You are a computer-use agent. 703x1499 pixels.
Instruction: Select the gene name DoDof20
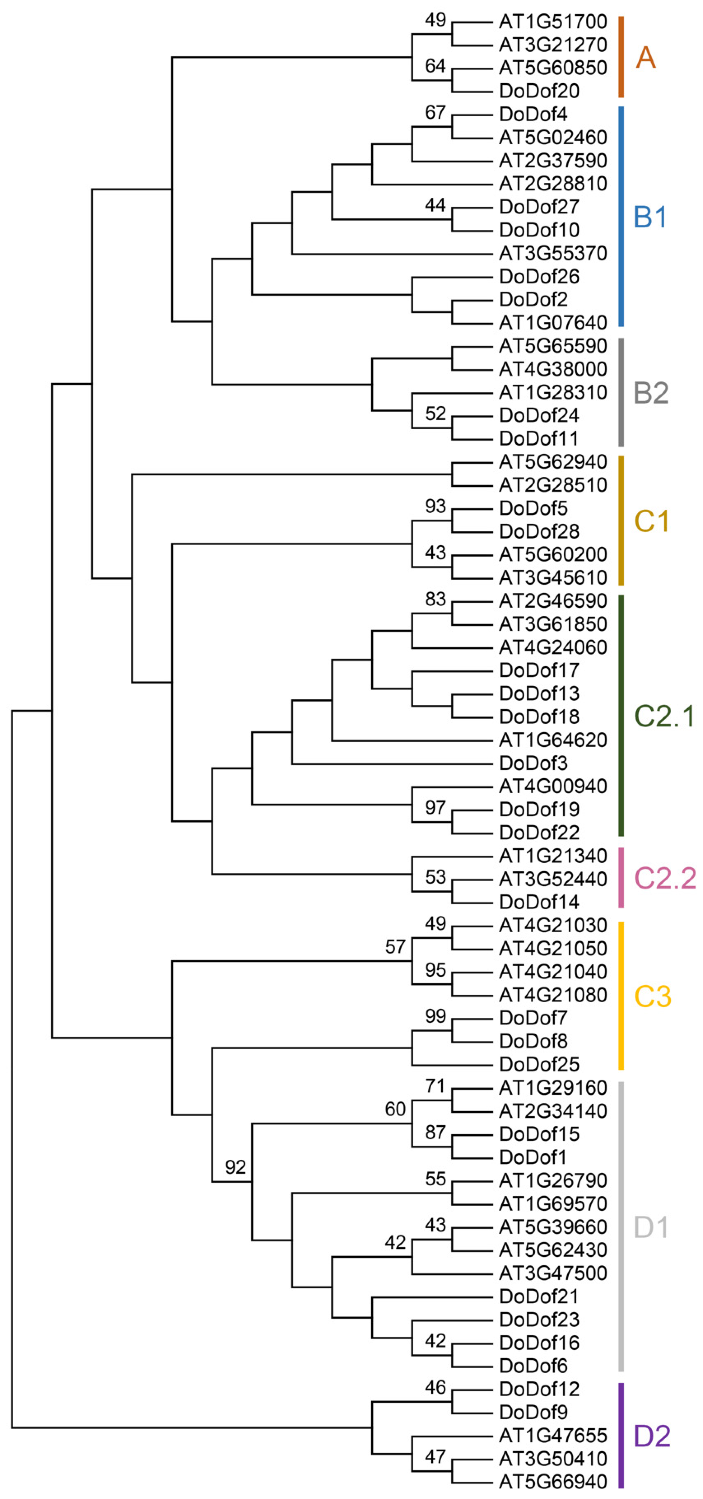tap(539, 91)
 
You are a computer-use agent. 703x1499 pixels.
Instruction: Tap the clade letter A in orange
tap(645, 58)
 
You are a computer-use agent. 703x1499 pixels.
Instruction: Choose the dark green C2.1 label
tap(664, 716)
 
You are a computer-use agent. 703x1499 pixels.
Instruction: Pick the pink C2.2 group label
tap(665, 878)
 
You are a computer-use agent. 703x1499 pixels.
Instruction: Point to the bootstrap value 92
tap(235, 1167)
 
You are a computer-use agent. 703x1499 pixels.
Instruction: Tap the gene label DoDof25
tap(539, 1064)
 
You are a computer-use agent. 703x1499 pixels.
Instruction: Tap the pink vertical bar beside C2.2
tap(621, 878)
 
